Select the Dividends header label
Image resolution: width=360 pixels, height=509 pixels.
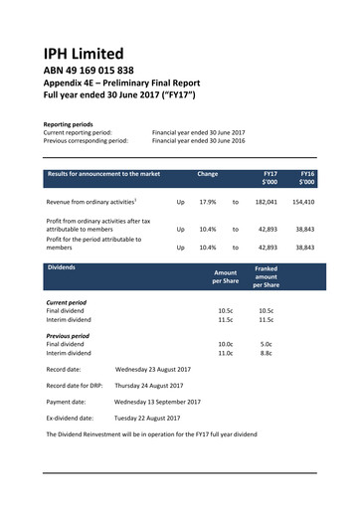(x=69, y=267)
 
